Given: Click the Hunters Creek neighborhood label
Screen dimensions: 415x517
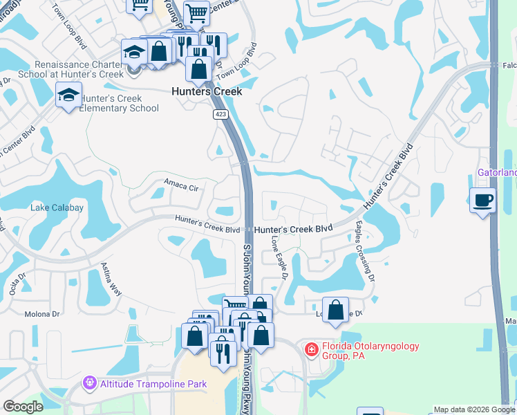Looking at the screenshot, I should pos(207,91).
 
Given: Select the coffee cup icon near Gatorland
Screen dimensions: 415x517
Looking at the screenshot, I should pos(482,201).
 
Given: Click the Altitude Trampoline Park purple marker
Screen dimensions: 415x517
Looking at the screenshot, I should pos(88,382).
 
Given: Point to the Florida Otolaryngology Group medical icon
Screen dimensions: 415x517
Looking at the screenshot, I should pos(311,349).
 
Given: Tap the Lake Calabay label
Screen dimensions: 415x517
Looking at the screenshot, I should pos(57,207).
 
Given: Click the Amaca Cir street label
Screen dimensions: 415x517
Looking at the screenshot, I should pos(180,185).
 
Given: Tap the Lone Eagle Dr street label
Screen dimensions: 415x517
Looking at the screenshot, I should pos(279,256).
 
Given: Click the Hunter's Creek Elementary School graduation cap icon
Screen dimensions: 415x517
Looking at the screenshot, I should pos(69,95).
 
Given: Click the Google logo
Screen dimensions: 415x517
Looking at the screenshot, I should pos(23,407).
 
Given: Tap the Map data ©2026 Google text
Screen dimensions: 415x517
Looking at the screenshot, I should pos(473,409).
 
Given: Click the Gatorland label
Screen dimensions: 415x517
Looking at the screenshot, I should pos(497,172).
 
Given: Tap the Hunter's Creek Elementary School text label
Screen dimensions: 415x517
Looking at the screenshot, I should pos(119,104).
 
